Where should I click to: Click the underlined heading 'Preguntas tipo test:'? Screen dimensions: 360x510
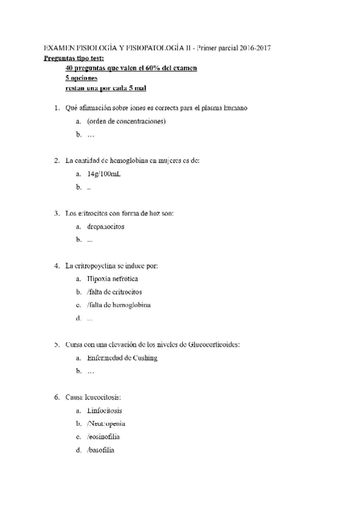[x=74, y=58]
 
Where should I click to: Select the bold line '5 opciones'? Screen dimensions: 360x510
[x=81, y=78]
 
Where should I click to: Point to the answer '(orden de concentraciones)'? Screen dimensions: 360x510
[x=126, y=121]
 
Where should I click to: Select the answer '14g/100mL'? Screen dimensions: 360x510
[x=103, y=174]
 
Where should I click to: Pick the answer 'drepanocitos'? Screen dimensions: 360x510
[x=106, y=227]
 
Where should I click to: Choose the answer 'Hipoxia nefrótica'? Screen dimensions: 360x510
[x=112, y=279]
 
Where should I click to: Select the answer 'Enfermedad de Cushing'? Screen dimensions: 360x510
[x=122, y=358]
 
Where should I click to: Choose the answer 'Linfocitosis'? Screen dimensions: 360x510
[x=104, y=411]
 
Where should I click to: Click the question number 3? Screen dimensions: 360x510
[x=56, y=214]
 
